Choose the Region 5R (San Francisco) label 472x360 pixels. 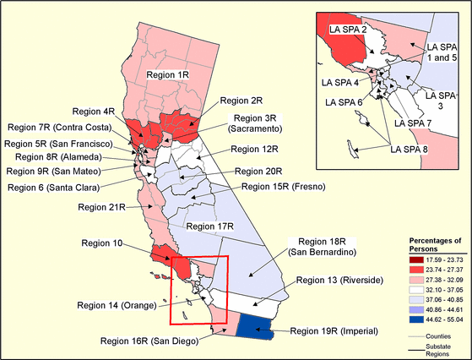click(59, 143)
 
